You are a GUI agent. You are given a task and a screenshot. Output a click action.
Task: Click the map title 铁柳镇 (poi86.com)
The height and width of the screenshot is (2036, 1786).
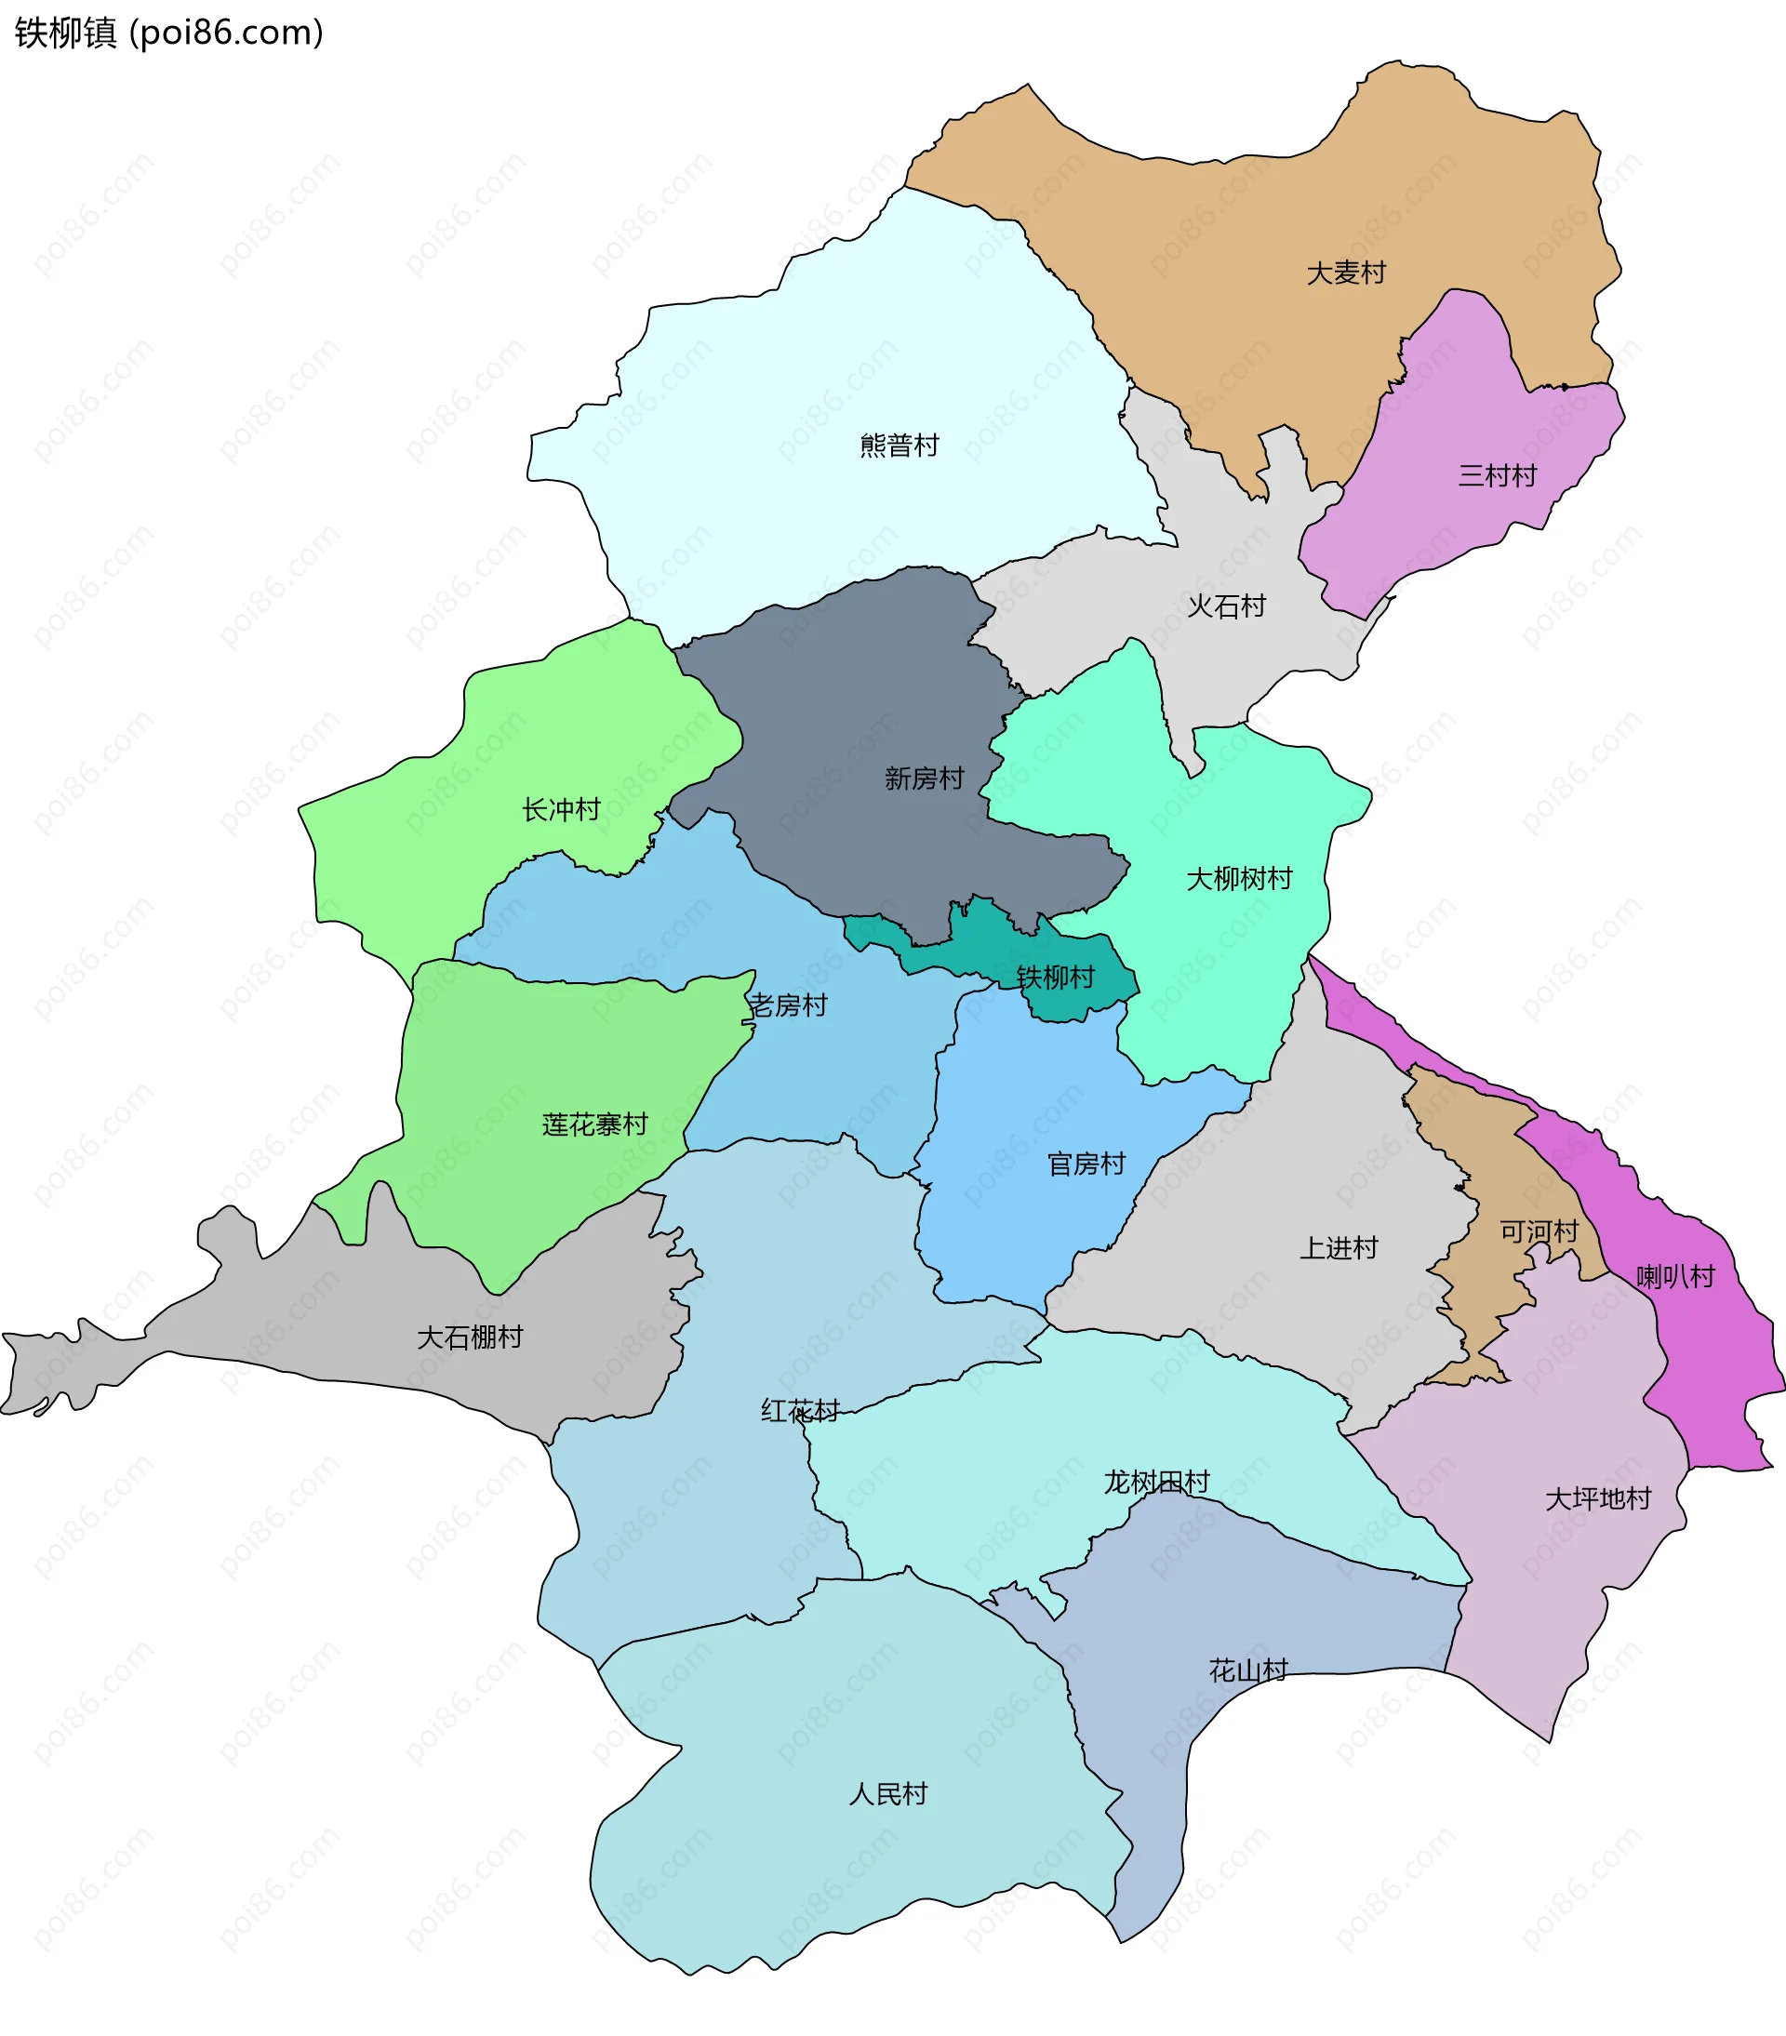point(169,33)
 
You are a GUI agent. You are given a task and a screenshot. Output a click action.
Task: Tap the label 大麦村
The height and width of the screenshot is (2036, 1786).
point(1346,273)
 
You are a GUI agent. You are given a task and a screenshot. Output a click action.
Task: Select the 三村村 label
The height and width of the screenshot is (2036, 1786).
point(1497,476)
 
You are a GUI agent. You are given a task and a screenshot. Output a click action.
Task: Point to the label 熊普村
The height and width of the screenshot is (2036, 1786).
point(900,446)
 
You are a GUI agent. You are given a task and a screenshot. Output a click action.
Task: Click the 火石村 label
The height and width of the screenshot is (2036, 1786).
point(1226,605)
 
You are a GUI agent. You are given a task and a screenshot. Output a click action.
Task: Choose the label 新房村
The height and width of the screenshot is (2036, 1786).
point(925,778)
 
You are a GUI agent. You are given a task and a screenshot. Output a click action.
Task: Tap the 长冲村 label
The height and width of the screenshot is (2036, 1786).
point(561,810)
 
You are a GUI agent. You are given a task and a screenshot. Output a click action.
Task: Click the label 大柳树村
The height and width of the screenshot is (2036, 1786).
point(1239,879)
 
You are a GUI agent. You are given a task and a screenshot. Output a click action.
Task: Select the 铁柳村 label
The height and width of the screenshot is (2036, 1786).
point(1055,978)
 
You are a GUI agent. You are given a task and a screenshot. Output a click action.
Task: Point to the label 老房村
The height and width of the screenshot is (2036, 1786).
point(788,1005)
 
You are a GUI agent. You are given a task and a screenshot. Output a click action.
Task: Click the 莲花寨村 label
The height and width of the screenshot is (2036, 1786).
point(594,1124)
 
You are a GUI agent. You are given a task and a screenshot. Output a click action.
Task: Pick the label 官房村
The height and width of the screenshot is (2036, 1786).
point(1086,1164)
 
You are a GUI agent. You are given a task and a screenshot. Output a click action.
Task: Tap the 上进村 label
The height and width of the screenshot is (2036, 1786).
point(1339,1248)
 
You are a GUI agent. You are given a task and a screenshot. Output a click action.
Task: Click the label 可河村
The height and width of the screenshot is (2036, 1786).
point(1539,1232)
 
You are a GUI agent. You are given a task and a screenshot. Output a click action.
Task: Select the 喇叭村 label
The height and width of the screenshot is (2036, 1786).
point(1675,1277)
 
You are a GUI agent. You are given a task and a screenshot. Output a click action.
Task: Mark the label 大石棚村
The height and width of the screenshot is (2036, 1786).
point(469,1337)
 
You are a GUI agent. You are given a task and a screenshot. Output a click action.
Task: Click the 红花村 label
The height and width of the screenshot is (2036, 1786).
point(800,1410)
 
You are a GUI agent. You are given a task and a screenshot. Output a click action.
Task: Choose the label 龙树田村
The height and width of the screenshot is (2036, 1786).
point(1155,1483)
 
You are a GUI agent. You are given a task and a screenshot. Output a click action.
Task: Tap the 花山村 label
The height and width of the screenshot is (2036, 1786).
point(1248,1670)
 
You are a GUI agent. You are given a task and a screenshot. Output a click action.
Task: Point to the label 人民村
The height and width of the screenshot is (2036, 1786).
point(887,1794)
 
